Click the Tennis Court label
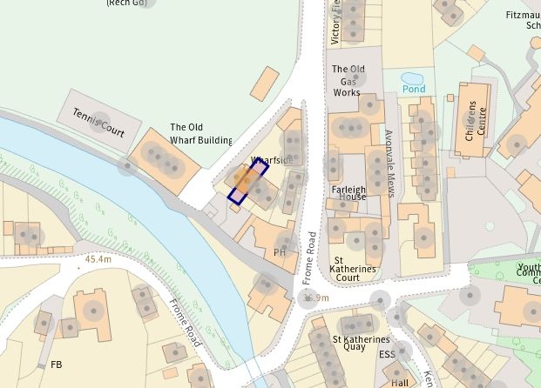(x=99, y=124)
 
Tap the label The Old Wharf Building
(x=201, y=133)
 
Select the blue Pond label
(x=414, y=89)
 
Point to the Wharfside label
(x=270, y=161)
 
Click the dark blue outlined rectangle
(x=247, y=181)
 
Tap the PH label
(x=280, y=252)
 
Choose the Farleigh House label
(x=348, y=191)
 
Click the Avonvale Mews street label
(x=389, y=162)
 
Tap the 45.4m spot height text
(x=98, y=259)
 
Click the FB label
(x=57, y=364)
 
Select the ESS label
(x=387, y=354)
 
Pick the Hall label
(x=400, y=382)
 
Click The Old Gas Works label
(x=348, y=80)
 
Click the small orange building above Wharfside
(x=264, y=84)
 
